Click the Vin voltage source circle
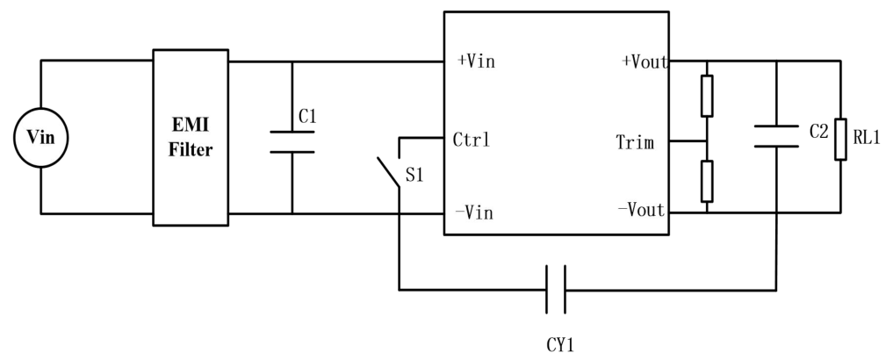tap(41, 109)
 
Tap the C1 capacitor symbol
tap(292, 142)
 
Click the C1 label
tap(307, 116)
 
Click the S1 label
tap(414, 176)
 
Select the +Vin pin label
tap(477, 61)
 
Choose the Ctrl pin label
tap(471, 140)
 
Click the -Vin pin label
tap(474, 213)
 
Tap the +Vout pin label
tap(645, 61)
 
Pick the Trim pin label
tap(635, 142)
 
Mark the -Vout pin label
tap(641, 210)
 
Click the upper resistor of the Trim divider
tap(707, 96)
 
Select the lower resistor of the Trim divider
tap(707, 181)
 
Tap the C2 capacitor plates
tap(776, 136)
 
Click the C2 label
tap(819, 133)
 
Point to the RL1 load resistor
tap(840, 139)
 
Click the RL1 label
tap(867, 137)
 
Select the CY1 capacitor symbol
tap(556, 290)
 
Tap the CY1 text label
tap(560, 345)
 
